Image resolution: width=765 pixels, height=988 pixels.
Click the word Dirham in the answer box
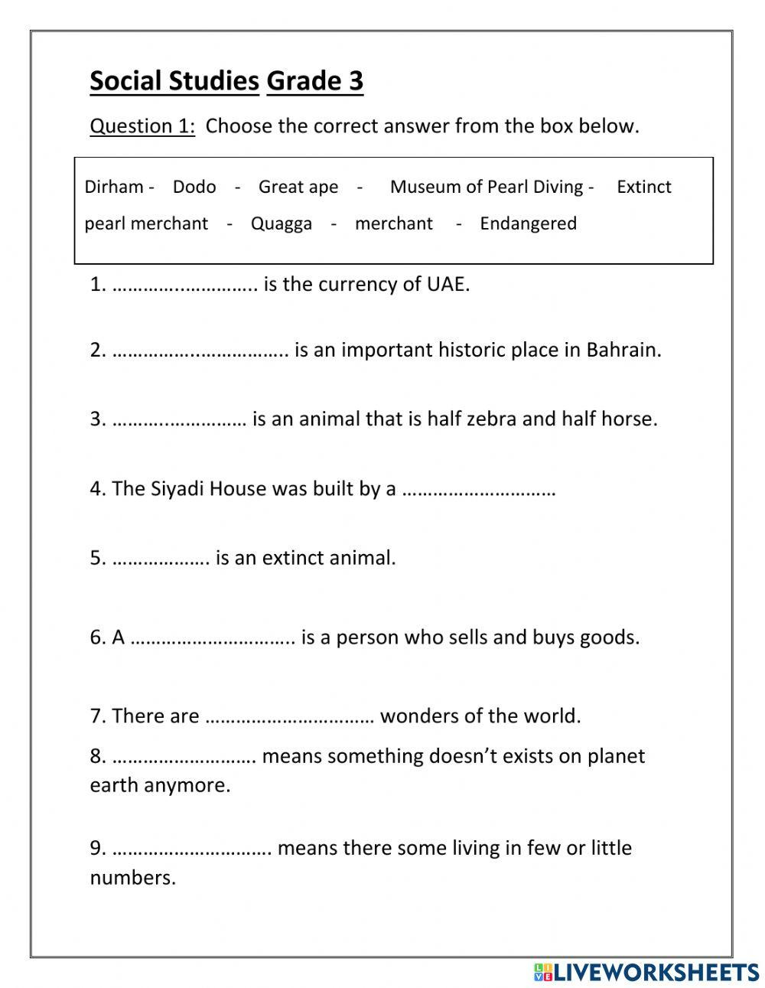coord(114,187)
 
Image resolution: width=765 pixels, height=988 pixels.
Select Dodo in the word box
coord(194,187)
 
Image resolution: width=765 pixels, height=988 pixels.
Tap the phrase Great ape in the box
coord(298,187)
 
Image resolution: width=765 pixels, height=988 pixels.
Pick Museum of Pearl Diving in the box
coord(487,187)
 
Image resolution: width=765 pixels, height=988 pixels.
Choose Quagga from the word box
coord(282,223)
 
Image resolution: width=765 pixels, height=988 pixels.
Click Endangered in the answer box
coord(528,223)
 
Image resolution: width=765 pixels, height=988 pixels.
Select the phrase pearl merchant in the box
coord(146,223)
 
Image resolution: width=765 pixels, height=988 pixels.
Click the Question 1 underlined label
coord(142,126)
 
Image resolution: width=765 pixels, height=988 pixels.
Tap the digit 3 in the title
coord(355,81)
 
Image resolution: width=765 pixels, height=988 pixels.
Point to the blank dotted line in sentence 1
coord(184,285)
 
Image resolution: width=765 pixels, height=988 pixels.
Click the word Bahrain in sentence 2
coord(623,350)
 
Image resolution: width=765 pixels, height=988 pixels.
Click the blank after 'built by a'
coord(478,490)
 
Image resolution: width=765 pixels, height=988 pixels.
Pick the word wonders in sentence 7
coord(418,716)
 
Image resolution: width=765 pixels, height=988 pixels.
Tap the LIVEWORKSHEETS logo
coord(647,972)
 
